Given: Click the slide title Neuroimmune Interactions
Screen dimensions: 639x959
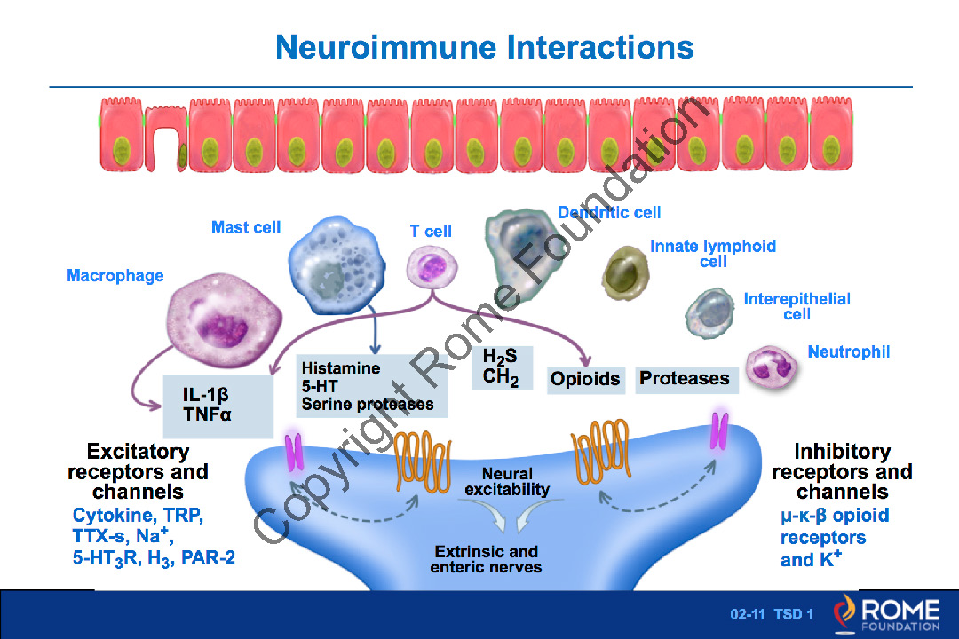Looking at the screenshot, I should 484,46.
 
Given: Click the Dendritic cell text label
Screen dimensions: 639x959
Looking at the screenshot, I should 609,212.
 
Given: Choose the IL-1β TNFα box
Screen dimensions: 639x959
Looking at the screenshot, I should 218,405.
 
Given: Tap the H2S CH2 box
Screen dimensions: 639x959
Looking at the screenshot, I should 502,367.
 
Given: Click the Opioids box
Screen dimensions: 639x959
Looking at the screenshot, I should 585,379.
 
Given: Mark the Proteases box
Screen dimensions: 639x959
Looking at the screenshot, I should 685,379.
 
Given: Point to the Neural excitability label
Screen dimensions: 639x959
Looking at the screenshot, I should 507,482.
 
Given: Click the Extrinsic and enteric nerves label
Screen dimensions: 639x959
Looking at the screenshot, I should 486,559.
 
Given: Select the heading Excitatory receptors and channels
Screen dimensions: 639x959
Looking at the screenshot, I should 138,471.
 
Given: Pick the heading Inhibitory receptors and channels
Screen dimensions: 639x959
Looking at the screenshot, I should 842,471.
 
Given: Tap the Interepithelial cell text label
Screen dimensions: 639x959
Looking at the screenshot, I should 797,306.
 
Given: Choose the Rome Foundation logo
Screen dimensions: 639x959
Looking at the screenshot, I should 886,614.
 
